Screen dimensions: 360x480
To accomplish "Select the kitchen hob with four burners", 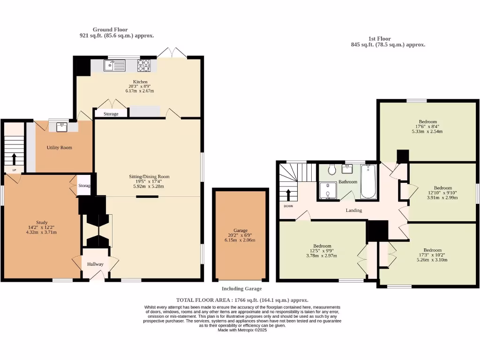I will coord(143,65).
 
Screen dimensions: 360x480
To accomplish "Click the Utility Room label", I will coord(59,148).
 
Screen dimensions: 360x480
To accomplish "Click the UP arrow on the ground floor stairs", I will coord(14,158).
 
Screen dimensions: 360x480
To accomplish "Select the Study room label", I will coord(42,223).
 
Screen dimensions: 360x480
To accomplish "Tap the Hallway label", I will coord(95,264).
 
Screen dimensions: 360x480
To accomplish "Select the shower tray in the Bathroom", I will coord(328,191).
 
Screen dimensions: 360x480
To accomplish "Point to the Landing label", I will coord(354,210).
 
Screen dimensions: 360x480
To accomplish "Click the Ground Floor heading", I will coord(110,30).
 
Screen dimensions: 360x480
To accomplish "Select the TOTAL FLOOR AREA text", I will coord(242,300).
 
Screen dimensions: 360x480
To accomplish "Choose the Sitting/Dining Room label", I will coord(149,177).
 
